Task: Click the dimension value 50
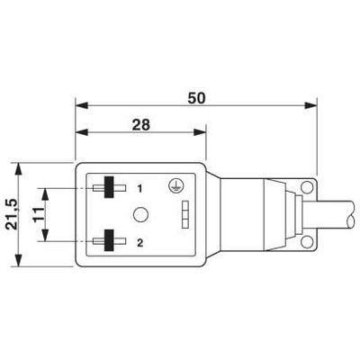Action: pyautogui.click(x=197, y=98)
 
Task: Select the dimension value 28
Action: pyautogui.click(x=141, y=125)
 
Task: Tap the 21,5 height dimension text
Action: pyautogui.click(x=13, y=215)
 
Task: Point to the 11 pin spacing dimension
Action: pyautogui.click(x=38, y=214)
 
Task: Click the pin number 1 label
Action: pyautogui.click(x=139, y=189)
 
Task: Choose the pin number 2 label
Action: pyautogui.click(x=139, y=243)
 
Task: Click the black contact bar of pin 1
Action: pyautogui.click(x=109, y=187)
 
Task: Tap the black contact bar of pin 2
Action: pyautogui.click(x=109, y=240)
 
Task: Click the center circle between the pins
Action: pyautogui.click(x=140, y=214)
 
